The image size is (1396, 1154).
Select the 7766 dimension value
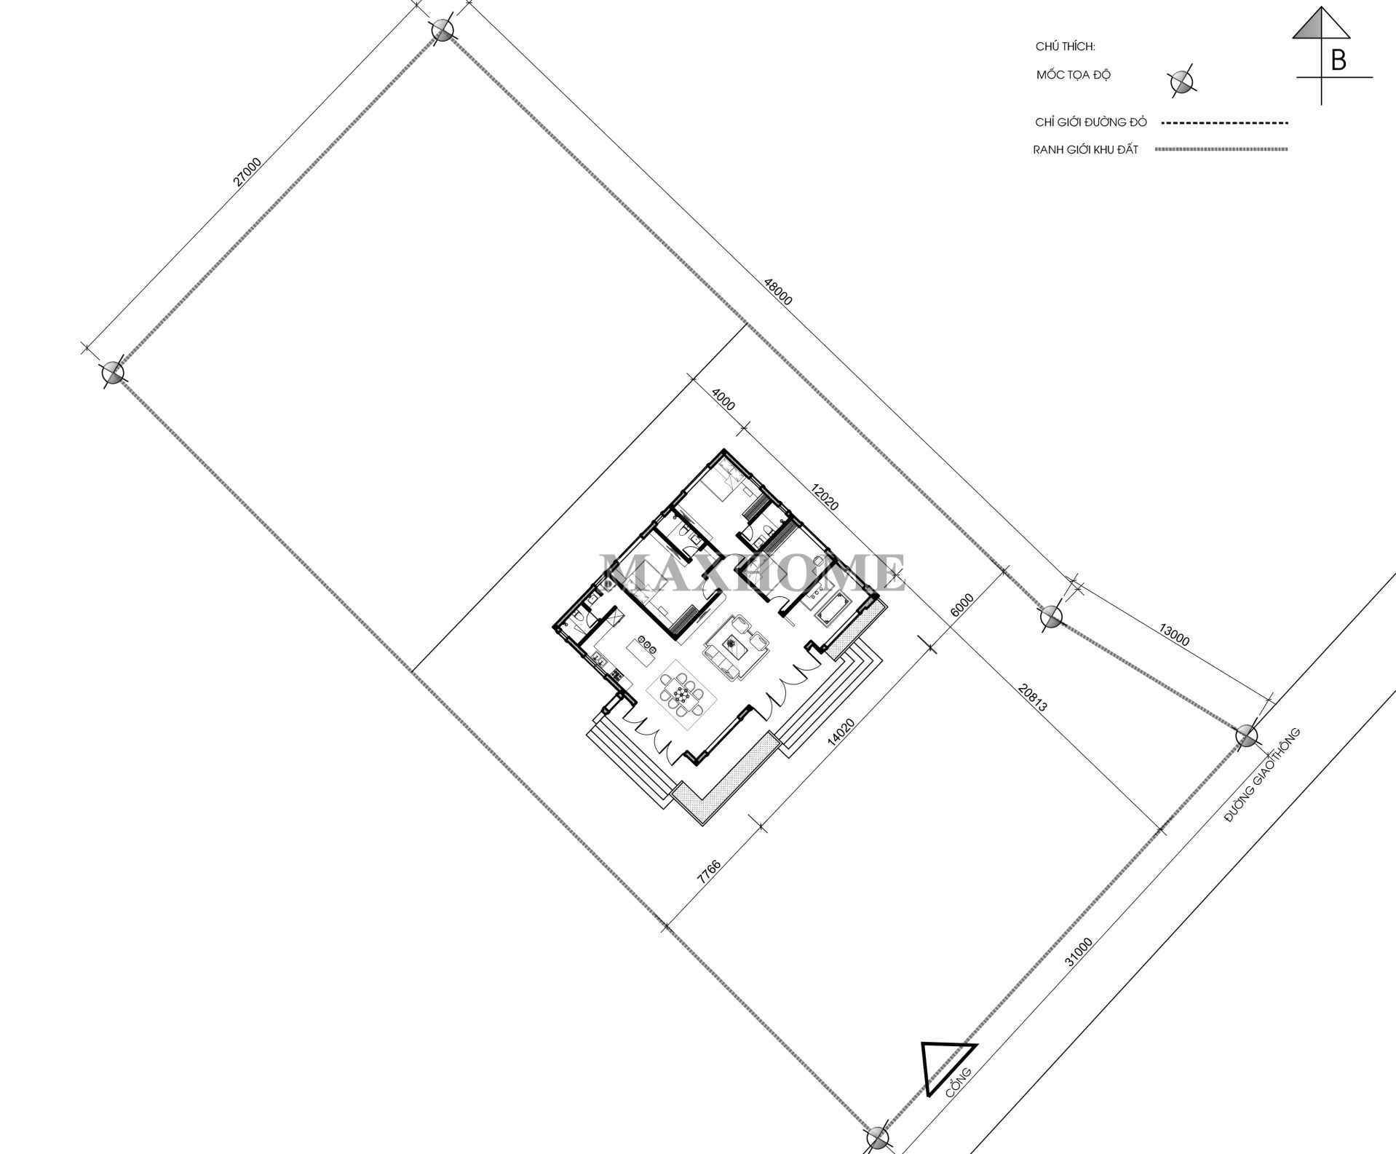(x=708, y=872)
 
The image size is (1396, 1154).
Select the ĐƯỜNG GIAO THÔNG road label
(x=1261, y=775)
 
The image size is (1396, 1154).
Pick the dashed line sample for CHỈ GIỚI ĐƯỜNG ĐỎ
(x=1224, y=123)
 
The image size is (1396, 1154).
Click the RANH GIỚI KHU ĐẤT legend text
(x=1084, y=150)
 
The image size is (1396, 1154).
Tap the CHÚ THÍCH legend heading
(x=1065, y=47)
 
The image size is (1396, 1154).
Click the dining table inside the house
(x=681, y=694)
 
